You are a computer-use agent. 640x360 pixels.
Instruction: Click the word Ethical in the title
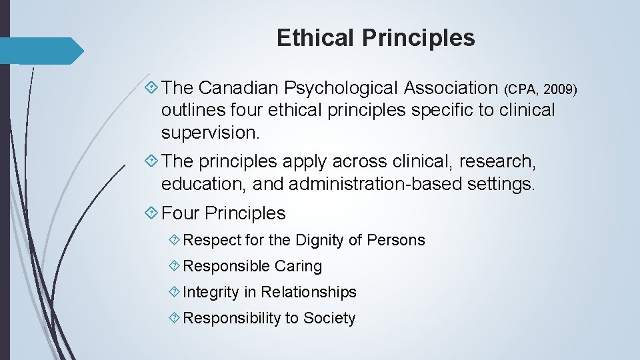(316, 38)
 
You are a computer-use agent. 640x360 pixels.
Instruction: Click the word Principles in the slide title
(419, 38)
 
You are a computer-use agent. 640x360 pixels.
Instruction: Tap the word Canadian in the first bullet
(238, 87)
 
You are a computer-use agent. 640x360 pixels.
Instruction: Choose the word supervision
(210, 133)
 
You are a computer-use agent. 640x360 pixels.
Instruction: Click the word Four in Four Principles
(180, 213)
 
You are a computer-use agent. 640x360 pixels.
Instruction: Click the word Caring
(298, 266)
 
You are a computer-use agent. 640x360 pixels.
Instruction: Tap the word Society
(329, 318)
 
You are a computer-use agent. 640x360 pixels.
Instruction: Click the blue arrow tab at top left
(41, 51)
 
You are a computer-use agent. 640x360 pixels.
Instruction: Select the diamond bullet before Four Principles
(152, 213)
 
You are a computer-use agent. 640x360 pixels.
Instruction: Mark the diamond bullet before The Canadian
(152, 87)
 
